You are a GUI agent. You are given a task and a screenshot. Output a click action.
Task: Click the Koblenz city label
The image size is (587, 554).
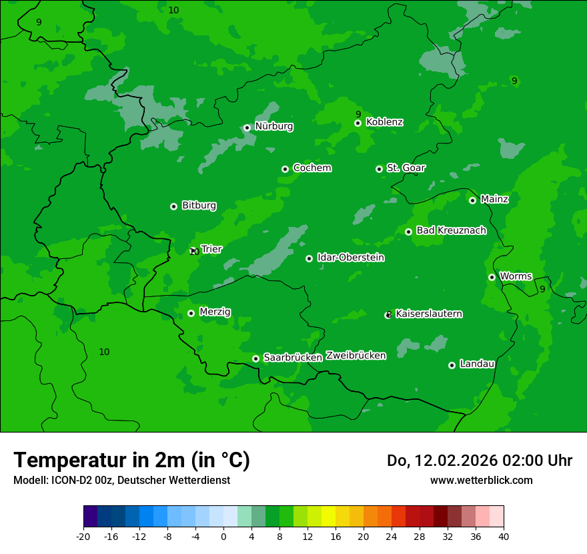point(384,122)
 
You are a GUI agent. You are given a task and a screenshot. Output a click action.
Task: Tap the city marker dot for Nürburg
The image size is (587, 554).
point(247,127)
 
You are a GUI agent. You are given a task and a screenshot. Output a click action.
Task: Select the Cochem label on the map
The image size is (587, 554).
point(312,168)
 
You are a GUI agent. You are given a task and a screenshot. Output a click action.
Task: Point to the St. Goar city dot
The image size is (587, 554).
point(379,169)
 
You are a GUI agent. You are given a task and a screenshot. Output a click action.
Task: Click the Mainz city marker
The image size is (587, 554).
point(472,200)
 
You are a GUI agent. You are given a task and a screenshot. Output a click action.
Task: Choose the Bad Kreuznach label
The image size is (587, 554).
point(451,231)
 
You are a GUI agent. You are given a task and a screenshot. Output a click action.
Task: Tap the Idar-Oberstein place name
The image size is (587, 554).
point(350,258)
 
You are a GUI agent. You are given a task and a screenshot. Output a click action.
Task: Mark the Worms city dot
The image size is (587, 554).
point(492,277)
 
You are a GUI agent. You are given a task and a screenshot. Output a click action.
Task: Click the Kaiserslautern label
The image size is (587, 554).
point(428,314)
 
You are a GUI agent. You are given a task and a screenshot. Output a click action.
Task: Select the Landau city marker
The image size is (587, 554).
point(452,365)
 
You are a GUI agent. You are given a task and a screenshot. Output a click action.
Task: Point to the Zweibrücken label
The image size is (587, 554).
point(356,356)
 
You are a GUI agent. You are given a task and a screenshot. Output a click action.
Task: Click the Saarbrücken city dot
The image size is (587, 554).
point(255,358)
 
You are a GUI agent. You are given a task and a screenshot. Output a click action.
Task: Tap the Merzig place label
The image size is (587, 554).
point(215,312)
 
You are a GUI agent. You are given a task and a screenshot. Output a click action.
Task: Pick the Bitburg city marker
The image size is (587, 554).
point(173,206)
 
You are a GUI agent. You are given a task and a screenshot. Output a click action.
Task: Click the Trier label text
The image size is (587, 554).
point(211,250)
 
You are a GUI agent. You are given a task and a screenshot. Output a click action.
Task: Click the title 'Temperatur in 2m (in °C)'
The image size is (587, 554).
point(131,460)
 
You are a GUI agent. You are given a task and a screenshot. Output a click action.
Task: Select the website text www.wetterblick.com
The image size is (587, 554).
point(481,480)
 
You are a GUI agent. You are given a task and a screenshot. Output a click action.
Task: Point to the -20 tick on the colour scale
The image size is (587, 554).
point(83,537)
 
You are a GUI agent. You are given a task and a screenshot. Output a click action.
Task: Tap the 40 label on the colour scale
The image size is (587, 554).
point(504,537)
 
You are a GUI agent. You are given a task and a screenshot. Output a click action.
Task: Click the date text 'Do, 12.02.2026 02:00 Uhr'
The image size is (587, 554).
point(479,461)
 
